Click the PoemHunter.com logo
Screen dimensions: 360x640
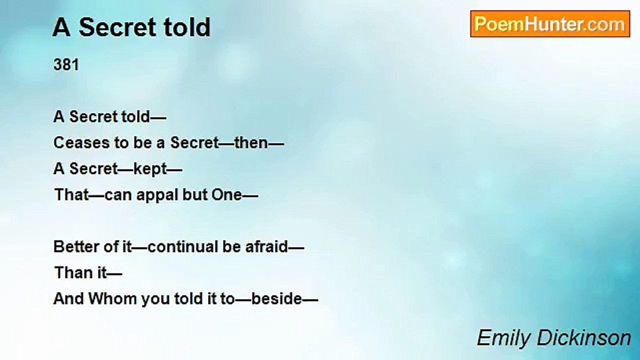click(549, 24)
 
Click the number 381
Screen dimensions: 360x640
click(66, 65)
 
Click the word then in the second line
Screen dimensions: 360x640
click(251, 143)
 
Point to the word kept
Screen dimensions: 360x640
click(149, 169)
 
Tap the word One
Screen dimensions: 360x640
click(226, 195)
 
